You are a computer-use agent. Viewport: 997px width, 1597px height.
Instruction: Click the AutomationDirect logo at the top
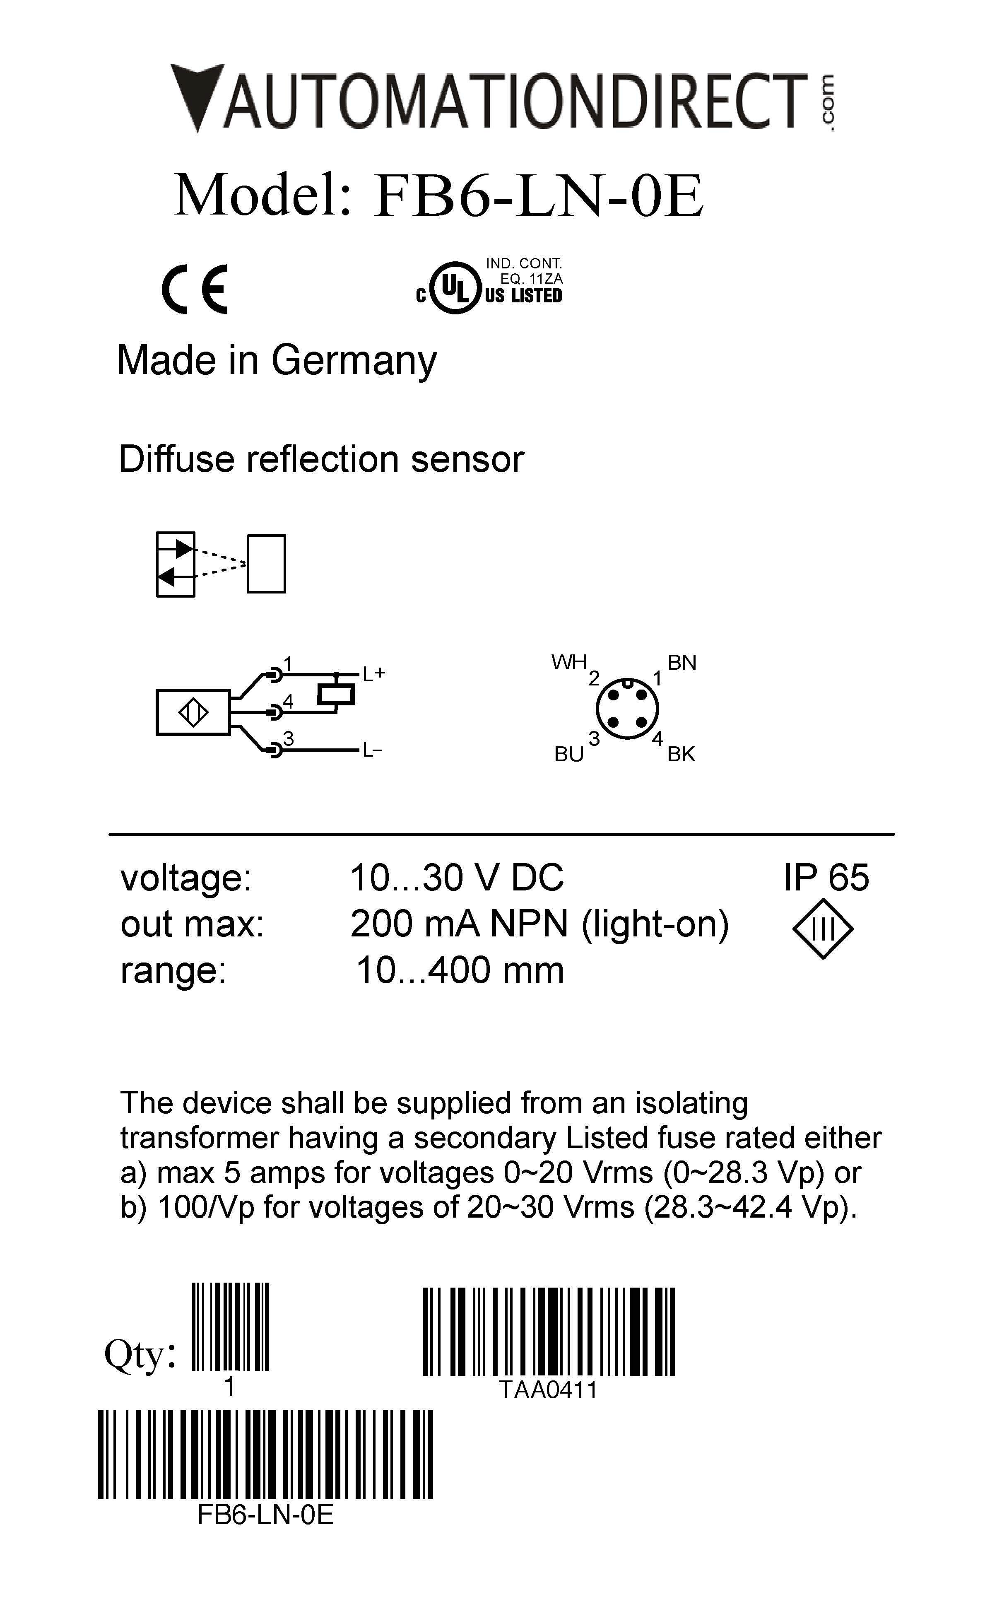tap(504, 99)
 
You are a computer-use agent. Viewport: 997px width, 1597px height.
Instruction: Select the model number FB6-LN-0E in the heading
tap(538, 196)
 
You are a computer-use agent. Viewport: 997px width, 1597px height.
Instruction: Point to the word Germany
tap(354, 361)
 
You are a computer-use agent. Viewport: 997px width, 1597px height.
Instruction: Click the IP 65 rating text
tap(826, 878)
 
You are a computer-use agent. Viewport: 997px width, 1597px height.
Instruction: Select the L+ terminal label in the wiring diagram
tap(373, 674)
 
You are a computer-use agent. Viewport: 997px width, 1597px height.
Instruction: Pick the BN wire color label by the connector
tap(682, 663)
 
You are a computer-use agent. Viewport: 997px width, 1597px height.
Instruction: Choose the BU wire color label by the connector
tap(568, 754)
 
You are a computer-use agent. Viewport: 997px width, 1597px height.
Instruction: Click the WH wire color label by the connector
tap(568, 662)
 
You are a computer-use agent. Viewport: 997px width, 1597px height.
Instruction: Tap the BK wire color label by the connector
tap(681, 754)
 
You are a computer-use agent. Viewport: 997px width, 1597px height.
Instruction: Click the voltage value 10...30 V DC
tap(456, 878)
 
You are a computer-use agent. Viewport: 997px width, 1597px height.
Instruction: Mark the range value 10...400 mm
tap(460, 971)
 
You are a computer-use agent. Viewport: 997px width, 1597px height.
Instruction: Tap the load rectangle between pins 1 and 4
tap(336, 694)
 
